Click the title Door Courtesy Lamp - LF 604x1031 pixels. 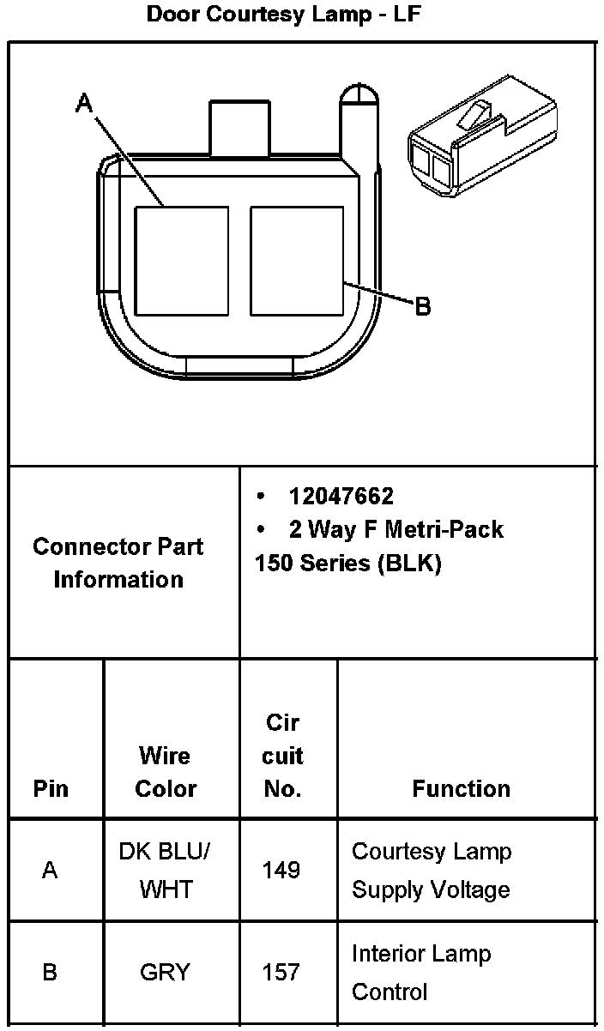(x=284, y=14)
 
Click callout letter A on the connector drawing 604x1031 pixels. (x=84, y=104)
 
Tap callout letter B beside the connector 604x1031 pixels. (x=422, y=306)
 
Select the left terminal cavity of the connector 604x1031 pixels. (x=182, y=261)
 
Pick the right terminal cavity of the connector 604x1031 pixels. (x=297, y=261)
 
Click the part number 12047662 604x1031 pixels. (x=341, y=497)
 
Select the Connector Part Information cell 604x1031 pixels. (x=118, y=563)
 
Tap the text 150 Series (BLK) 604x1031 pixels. (x=347, y=565)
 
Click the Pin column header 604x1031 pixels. (x=51, y=788)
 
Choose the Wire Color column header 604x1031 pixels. (x=166, y=772)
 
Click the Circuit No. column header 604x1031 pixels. (x=282, y=756)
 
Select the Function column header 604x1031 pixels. (x=461, y=788)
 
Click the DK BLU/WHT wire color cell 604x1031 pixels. (x=166, y=870)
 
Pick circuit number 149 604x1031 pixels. (x=282, y=871)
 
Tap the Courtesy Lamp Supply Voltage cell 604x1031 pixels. (x=432, y=871)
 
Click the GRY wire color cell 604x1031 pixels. (x=166, y=973)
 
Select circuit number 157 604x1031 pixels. (x=282, y=973)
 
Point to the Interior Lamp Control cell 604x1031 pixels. (x=420, y=973)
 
